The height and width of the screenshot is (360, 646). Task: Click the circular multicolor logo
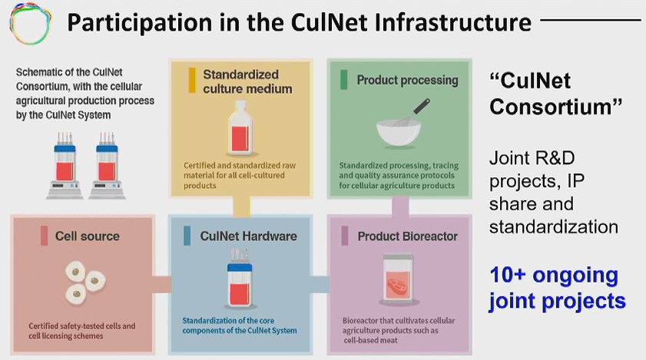(31, 23)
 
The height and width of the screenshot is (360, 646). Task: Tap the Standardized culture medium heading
(247, 81)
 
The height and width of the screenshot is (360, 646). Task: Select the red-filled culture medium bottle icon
(240, 129)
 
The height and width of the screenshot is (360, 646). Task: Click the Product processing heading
(407, 80)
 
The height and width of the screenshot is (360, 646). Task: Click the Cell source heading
(88, 236)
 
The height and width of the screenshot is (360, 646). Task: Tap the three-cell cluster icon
(84, 282)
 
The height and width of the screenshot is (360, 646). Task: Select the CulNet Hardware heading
(248, 236)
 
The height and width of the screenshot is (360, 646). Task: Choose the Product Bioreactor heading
(407, 236)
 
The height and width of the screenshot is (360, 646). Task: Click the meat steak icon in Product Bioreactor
(397, 285)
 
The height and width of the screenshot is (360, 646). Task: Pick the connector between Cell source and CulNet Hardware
(162, 285)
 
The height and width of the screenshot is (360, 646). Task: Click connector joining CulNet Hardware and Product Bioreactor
(320, 285)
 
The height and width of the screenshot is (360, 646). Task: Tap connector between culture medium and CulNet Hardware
(241, 206)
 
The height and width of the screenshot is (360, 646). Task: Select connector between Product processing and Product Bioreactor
(400, 206)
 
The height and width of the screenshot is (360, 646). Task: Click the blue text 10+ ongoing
(554, 275)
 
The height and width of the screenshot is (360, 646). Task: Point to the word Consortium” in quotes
(556, 107)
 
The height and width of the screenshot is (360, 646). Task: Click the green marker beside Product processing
(343, 80)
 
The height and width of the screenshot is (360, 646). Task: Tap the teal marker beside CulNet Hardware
(187, 236)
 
